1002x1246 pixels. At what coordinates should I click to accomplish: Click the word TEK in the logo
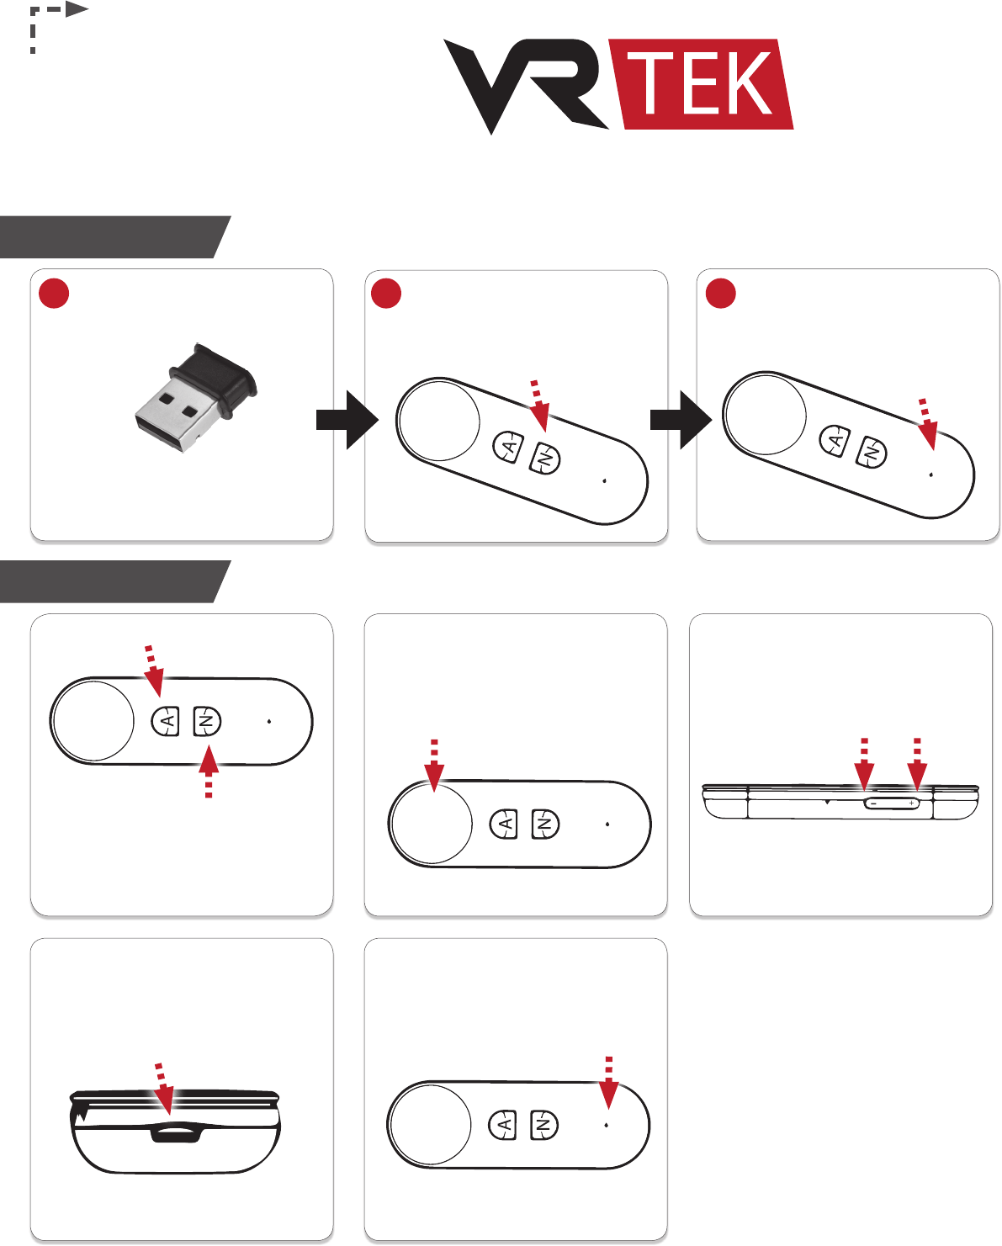pos(705,83)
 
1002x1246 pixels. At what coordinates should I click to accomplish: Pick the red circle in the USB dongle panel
pos(54,294)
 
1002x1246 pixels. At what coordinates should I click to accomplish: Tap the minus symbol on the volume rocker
pos(873,803)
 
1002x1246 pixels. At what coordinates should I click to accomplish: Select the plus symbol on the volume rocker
pos(911,803)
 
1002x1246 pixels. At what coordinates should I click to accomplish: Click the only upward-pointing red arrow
pos(208,771)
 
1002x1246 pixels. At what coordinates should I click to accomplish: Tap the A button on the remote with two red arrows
pos(167,721)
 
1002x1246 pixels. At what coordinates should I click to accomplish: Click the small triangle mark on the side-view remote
pos(827,802)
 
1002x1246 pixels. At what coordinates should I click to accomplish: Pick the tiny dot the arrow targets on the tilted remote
pos(930,475)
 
